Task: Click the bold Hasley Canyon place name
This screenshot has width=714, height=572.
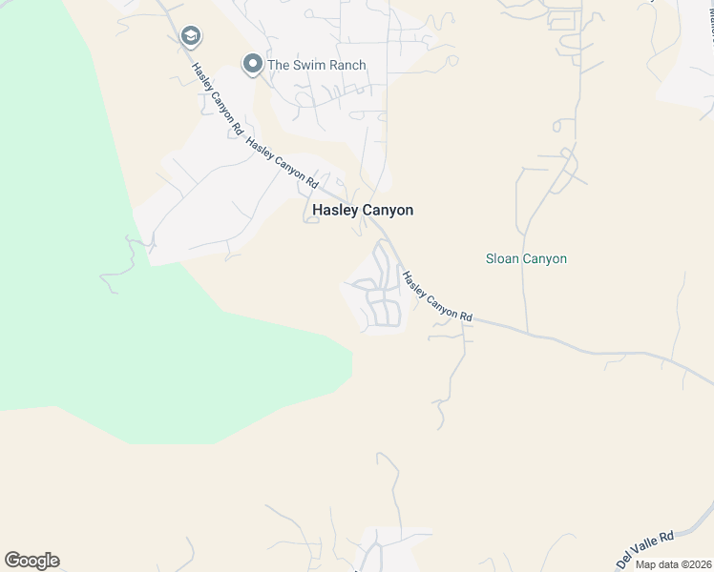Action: [x=363, y=211]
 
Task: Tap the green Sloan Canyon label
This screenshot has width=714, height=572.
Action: [x=526, y=258]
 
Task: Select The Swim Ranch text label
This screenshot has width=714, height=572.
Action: [x=316, y=65]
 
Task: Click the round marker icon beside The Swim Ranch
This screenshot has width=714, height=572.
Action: [x=253, y=64]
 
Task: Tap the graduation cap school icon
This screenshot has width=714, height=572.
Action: [x=191, y=36]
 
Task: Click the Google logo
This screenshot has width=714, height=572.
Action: [x=31, y=561]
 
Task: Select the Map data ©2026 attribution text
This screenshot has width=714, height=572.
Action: [x=671, y=563]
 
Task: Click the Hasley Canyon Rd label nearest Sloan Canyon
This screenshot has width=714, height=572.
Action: [x=436, y=296]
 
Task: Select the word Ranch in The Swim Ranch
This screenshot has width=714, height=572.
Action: [x=347, y=65]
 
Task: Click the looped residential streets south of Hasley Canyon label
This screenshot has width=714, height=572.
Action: [x=381, y=286]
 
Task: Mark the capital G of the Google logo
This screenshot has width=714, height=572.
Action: [x=12, y=561]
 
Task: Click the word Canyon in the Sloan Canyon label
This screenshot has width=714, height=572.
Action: [x=546, y=258]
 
